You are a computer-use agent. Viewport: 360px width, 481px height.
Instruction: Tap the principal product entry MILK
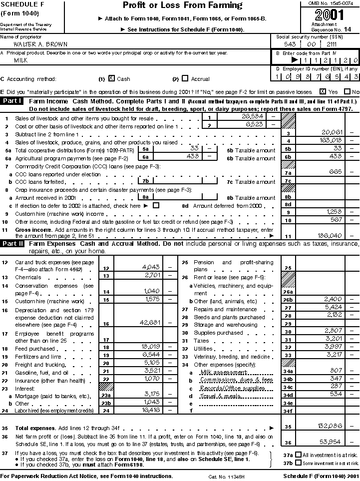point(20,60)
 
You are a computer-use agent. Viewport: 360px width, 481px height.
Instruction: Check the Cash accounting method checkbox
point(111,78)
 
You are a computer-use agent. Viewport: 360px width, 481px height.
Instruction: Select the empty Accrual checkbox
point(185,78)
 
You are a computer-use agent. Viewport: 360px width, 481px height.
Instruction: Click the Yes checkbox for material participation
point(323,92)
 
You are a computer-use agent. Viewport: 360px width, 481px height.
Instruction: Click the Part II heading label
point(12,244)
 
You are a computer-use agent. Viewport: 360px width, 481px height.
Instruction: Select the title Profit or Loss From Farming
point(182,6)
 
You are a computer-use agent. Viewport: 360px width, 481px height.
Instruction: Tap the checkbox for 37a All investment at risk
point(298,455)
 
